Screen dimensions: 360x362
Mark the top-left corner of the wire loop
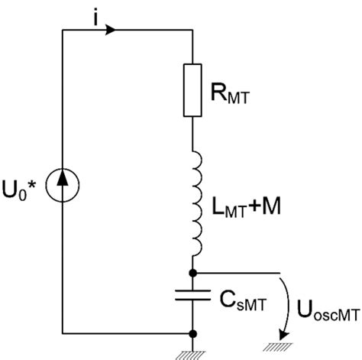[63, 30]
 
